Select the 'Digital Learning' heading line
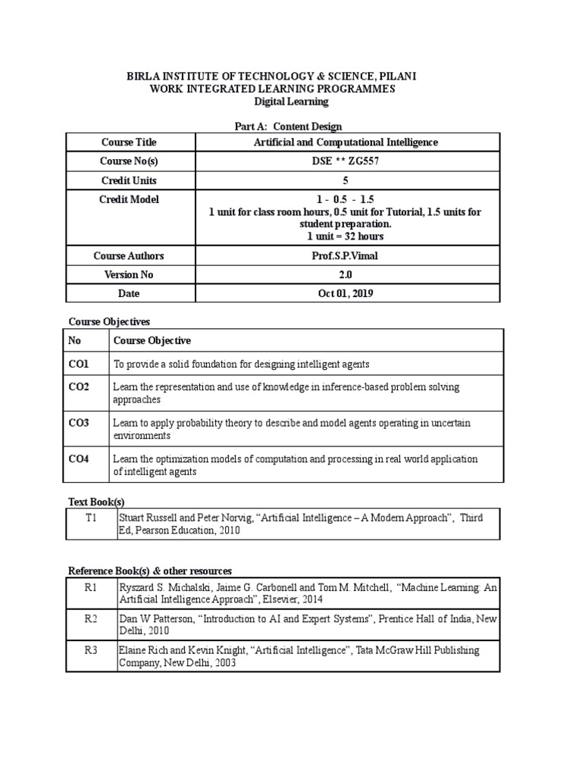[291, 101]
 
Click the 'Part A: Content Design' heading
[291, 127]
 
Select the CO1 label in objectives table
[78, 364]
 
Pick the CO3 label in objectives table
[78, 423]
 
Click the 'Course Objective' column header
[152, 340]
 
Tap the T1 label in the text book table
[91, 517]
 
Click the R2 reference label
[91, 619]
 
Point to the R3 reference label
[91, 650]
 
